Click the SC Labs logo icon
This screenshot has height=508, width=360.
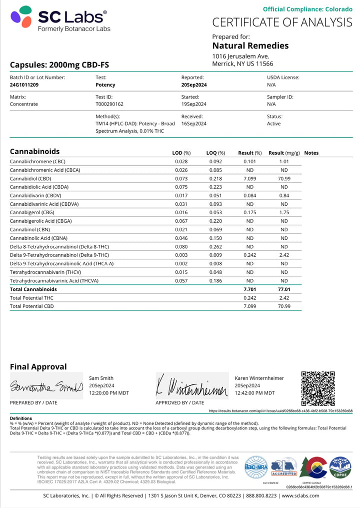tap(21, 17)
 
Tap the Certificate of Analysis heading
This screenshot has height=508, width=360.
tap(282, 22)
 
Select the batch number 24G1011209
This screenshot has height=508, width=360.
tap(24, 85)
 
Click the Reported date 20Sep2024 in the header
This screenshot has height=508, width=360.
tap(194, 85)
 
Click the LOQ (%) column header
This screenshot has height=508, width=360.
tap(215, 153)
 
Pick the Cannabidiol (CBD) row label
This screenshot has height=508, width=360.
tap(30, 178)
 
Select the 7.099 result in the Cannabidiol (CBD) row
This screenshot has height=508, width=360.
tap(249, 178)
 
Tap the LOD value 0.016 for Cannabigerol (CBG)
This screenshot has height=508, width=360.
tap(181, 212)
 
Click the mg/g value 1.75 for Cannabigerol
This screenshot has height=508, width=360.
tap(284, 212)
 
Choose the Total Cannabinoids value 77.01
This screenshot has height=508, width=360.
tap(284, 289)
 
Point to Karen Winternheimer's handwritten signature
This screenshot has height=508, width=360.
tap(192, 386)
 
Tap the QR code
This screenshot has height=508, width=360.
tap(318, 388)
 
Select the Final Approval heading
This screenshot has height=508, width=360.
tap(38, 366)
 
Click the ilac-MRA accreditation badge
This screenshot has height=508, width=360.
tap(256, 467)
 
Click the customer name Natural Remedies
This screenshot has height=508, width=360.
tap(250, 46)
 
